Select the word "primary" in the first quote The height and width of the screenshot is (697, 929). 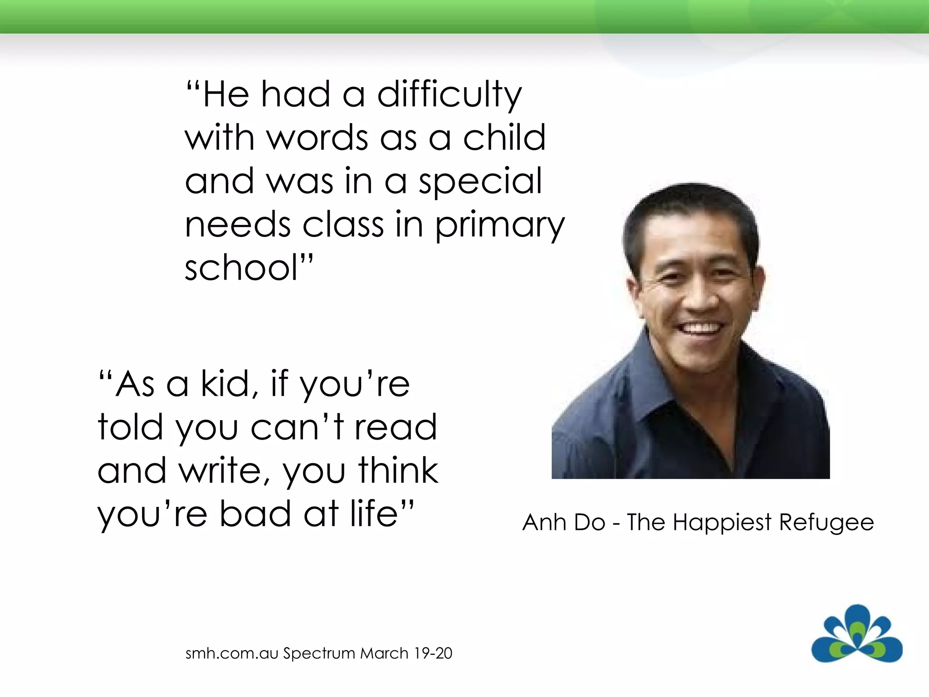point(500,226)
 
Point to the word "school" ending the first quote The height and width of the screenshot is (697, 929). point(241,268)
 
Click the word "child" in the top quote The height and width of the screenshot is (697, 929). point(504,138)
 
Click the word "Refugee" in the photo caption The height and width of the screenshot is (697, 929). point(826,523)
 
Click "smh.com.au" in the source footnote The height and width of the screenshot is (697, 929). point(231,653)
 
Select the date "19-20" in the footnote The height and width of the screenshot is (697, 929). point(433,653)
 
